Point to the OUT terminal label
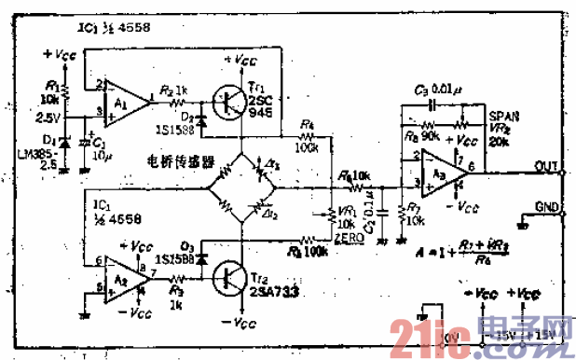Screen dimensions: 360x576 pyautogui.click(x=546, y=165)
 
